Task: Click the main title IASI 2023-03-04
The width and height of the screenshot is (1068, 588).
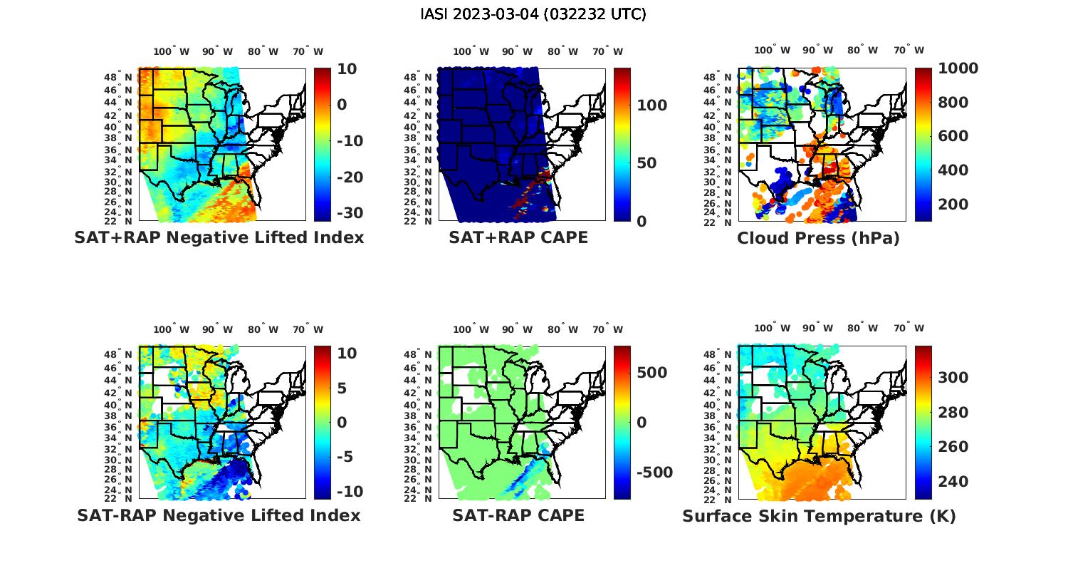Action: pyautogui.click(x=533, y=14)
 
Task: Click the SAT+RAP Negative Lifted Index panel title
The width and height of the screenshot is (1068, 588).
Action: pyautogui.click(x=219, y=237)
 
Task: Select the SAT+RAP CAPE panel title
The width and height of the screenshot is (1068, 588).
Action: pyautogui.click(x=518, y=237)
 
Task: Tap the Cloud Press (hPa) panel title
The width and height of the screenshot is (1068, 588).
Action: pyautogui.click(x=818, y=238)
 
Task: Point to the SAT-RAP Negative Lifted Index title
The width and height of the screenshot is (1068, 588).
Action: pyautogui.click(x=219, y=515)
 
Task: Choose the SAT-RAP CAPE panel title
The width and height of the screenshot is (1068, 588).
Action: pyautogui.click(x=518, y=515)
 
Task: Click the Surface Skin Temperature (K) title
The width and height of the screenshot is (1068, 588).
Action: pyautogui.click(x=819, y=516)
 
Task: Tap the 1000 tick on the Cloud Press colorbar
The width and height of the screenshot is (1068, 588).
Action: pyautogui.click(x=958, y=68)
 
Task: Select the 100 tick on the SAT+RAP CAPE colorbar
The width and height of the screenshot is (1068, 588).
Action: pyautogui.click(x=651, y=105)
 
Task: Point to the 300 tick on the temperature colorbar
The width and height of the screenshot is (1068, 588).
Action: pyautogui.click(x=953, y=378)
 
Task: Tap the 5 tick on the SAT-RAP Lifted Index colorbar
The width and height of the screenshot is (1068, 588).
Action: pyautogui.click(x=342, y=388)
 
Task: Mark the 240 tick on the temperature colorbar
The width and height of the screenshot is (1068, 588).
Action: pyautogui.click(x=953, y=482)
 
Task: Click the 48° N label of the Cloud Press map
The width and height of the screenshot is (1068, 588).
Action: pyautogui.click(x=726, y=78)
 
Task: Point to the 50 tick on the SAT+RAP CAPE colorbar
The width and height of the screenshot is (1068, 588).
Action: pyautogui.click(x=646, y=163)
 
